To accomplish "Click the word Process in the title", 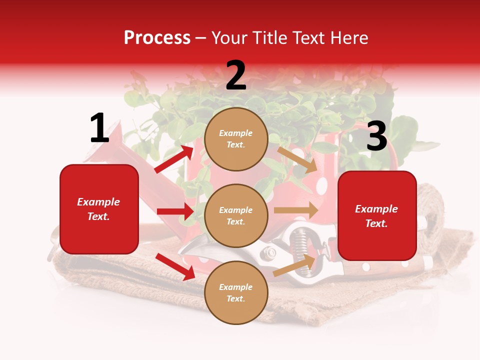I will click(x=157, y=38).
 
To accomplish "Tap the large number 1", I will click(x=99, y=128).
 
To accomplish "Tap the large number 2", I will click(x=236, y=75).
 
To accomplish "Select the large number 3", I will click(x=376, y=136).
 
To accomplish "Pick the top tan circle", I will click(x=236, y=139).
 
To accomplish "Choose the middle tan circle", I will click(x=236, y=216).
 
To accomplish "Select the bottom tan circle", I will click(x=236, y=293).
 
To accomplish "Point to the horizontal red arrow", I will click(x=175, y=211).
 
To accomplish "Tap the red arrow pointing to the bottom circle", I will click(x=175, y=266).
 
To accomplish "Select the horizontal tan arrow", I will click(x=296, y=210).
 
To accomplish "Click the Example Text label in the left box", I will click(x=99, y=209).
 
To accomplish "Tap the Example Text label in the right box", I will click(x=376, y=216).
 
